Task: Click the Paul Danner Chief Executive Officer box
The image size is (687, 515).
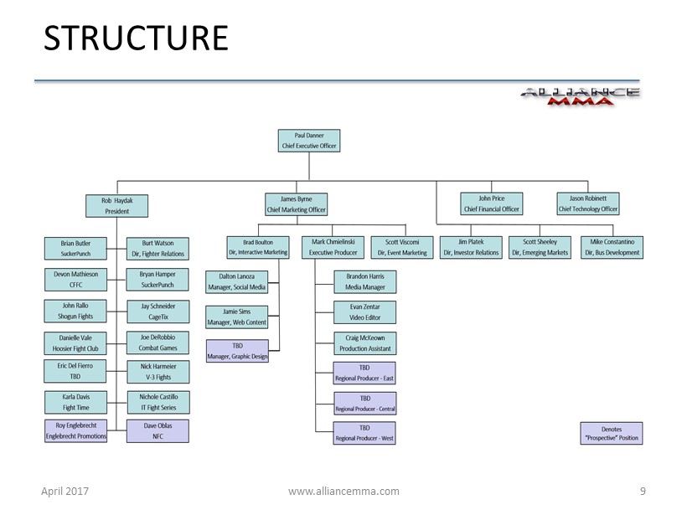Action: (309, 141)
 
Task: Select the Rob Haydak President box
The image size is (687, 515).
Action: (116, 205)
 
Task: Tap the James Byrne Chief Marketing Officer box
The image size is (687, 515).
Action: (297, 204)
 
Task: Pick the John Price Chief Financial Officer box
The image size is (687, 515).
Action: (492, 203)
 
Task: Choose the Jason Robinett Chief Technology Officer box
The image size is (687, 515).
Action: (588, 203)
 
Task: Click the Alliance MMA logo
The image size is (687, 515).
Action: (580, 96)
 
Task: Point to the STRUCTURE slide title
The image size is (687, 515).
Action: (136, 39)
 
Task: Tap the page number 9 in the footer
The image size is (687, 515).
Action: (643, 491)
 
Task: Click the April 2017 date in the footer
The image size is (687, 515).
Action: (65, 492)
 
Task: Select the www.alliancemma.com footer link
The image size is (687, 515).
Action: (343, 492)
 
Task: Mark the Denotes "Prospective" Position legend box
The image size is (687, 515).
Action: (611, 433)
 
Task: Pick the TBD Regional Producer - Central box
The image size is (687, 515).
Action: (364, 403)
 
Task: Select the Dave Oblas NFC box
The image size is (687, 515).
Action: (158, 430)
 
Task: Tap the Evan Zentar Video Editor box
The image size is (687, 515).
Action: (364, 312)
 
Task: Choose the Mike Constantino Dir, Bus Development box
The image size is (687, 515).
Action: (612, 247)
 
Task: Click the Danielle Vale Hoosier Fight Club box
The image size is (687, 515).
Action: (75, 342)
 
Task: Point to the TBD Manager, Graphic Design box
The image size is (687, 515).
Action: (237, 352)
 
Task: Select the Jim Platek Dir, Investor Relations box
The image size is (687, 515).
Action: (470, 247)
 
